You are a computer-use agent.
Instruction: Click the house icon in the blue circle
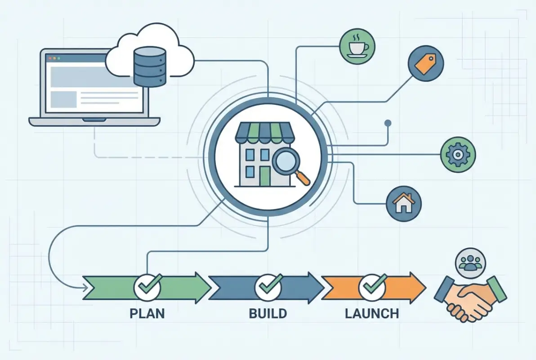[x=403, y=203]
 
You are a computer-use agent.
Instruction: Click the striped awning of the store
[x=264, y=131]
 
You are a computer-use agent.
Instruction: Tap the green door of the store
[x=264, y=176]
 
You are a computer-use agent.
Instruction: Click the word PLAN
[x=147, y=313]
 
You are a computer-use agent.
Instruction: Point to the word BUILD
[x=268, y=313]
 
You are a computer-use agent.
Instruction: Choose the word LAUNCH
[x=372, y=313]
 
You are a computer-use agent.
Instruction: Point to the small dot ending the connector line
[x=388, y=122]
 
